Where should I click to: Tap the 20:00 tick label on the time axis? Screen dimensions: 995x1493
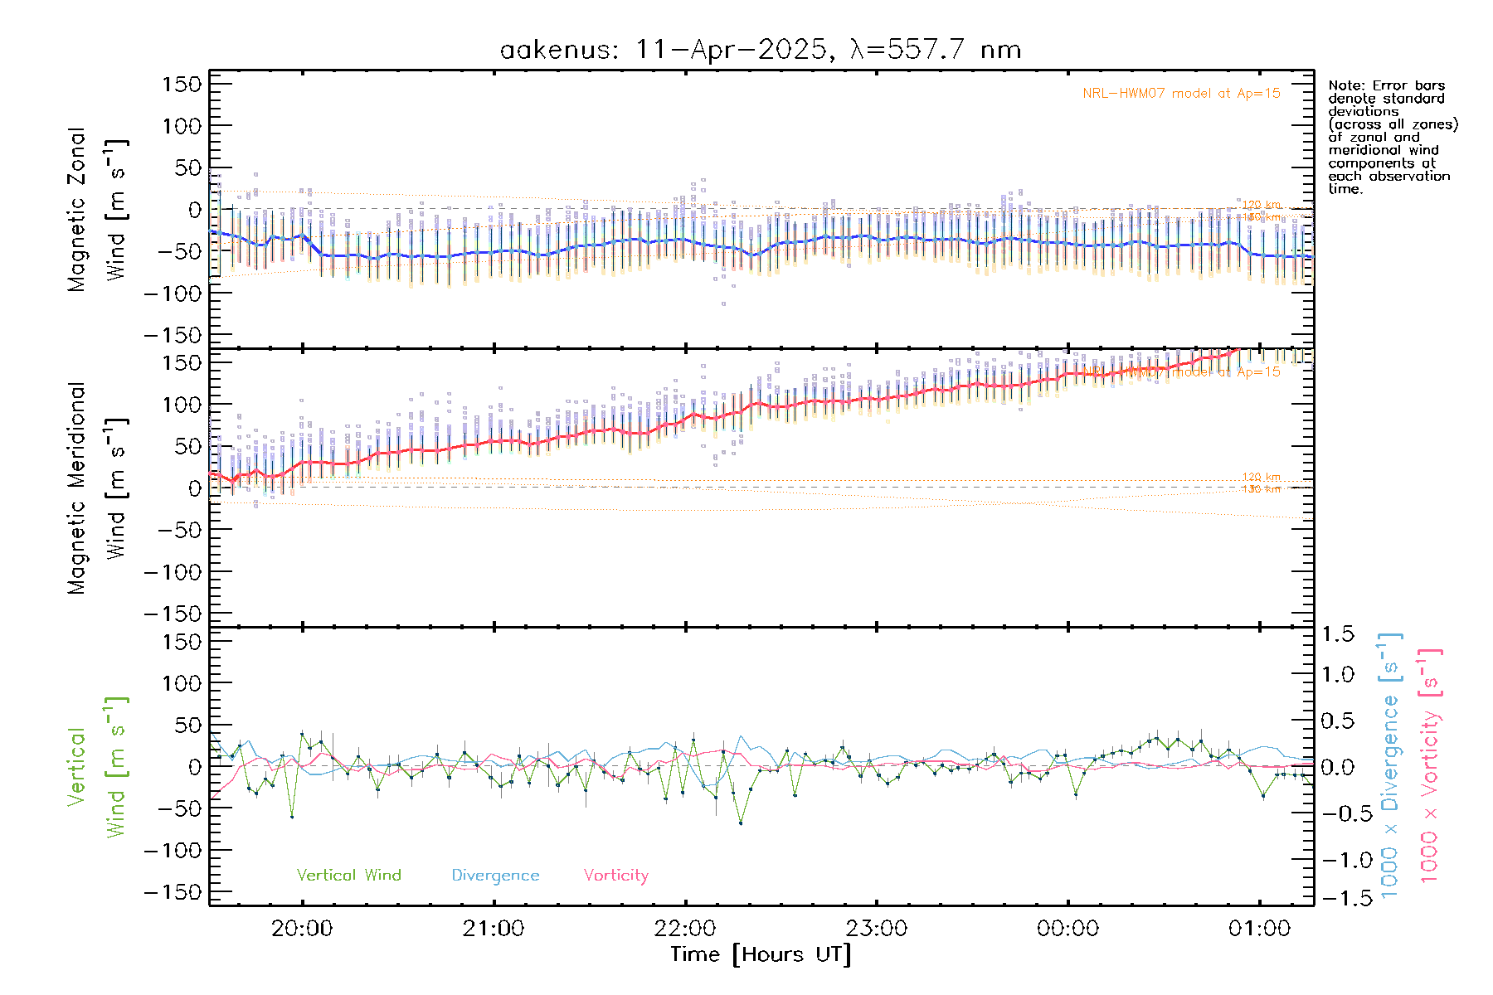click(302, 928)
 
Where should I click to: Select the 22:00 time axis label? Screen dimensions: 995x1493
click(685, 928)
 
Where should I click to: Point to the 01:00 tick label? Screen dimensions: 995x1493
click(1259, 928)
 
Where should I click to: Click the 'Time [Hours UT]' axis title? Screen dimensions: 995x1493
click(761, 954)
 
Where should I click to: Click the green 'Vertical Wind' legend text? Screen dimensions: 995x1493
click(348, 875)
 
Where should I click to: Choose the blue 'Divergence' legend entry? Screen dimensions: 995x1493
click(495, 875)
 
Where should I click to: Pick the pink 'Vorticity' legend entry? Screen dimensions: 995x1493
click(615, 875)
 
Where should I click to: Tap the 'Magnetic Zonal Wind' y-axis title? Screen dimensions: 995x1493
click(98, 210)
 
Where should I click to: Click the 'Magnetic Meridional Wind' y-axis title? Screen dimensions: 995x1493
click(98, 488)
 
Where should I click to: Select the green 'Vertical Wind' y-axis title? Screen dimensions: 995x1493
click(98, 767)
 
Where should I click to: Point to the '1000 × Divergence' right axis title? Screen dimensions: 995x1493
click(1390, 765)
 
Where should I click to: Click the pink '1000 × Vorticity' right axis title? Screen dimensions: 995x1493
click(1430, 765)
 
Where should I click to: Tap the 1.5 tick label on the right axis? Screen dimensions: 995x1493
click(1337, 634)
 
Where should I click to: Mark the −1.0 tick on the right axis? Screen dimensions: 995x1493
click(1337, 860)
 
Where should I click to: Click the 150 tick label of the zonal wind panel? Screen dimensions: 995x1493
click(182, 84)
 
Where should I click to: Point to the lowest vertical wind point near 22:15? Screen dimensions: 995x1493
click(741, 823)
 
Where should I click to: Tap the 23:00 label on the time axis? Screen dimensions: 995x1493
click(877, 928)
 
